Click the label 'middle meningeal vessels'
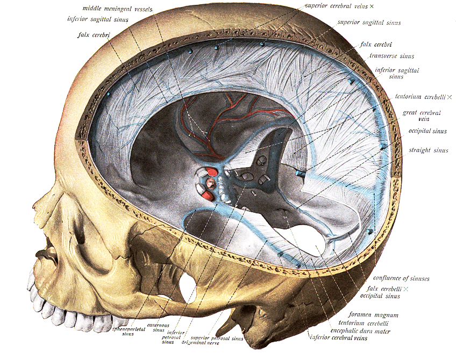point(117,9)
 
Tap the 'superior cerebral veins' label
point(337,6)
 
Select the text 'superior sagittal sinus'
point(369,23)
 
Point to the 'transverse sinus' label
point(391,56)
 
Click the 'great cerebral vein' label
point(422,116)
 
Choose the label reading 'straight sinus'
point(429,150)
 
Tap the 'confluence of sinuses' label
point(401,278)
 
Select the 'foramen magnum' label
point(373,315)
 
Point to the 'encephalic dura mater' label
point(360,331)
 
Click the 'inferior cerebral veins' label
point(339,337)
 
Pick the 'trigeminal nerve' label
point(201,343)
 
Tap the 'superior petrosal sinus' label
point(217,338)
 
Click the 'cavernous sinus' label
point(158,328)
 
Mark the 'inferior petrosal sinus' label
point(173,337)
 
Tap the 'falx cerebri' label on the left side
point(94,35)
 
